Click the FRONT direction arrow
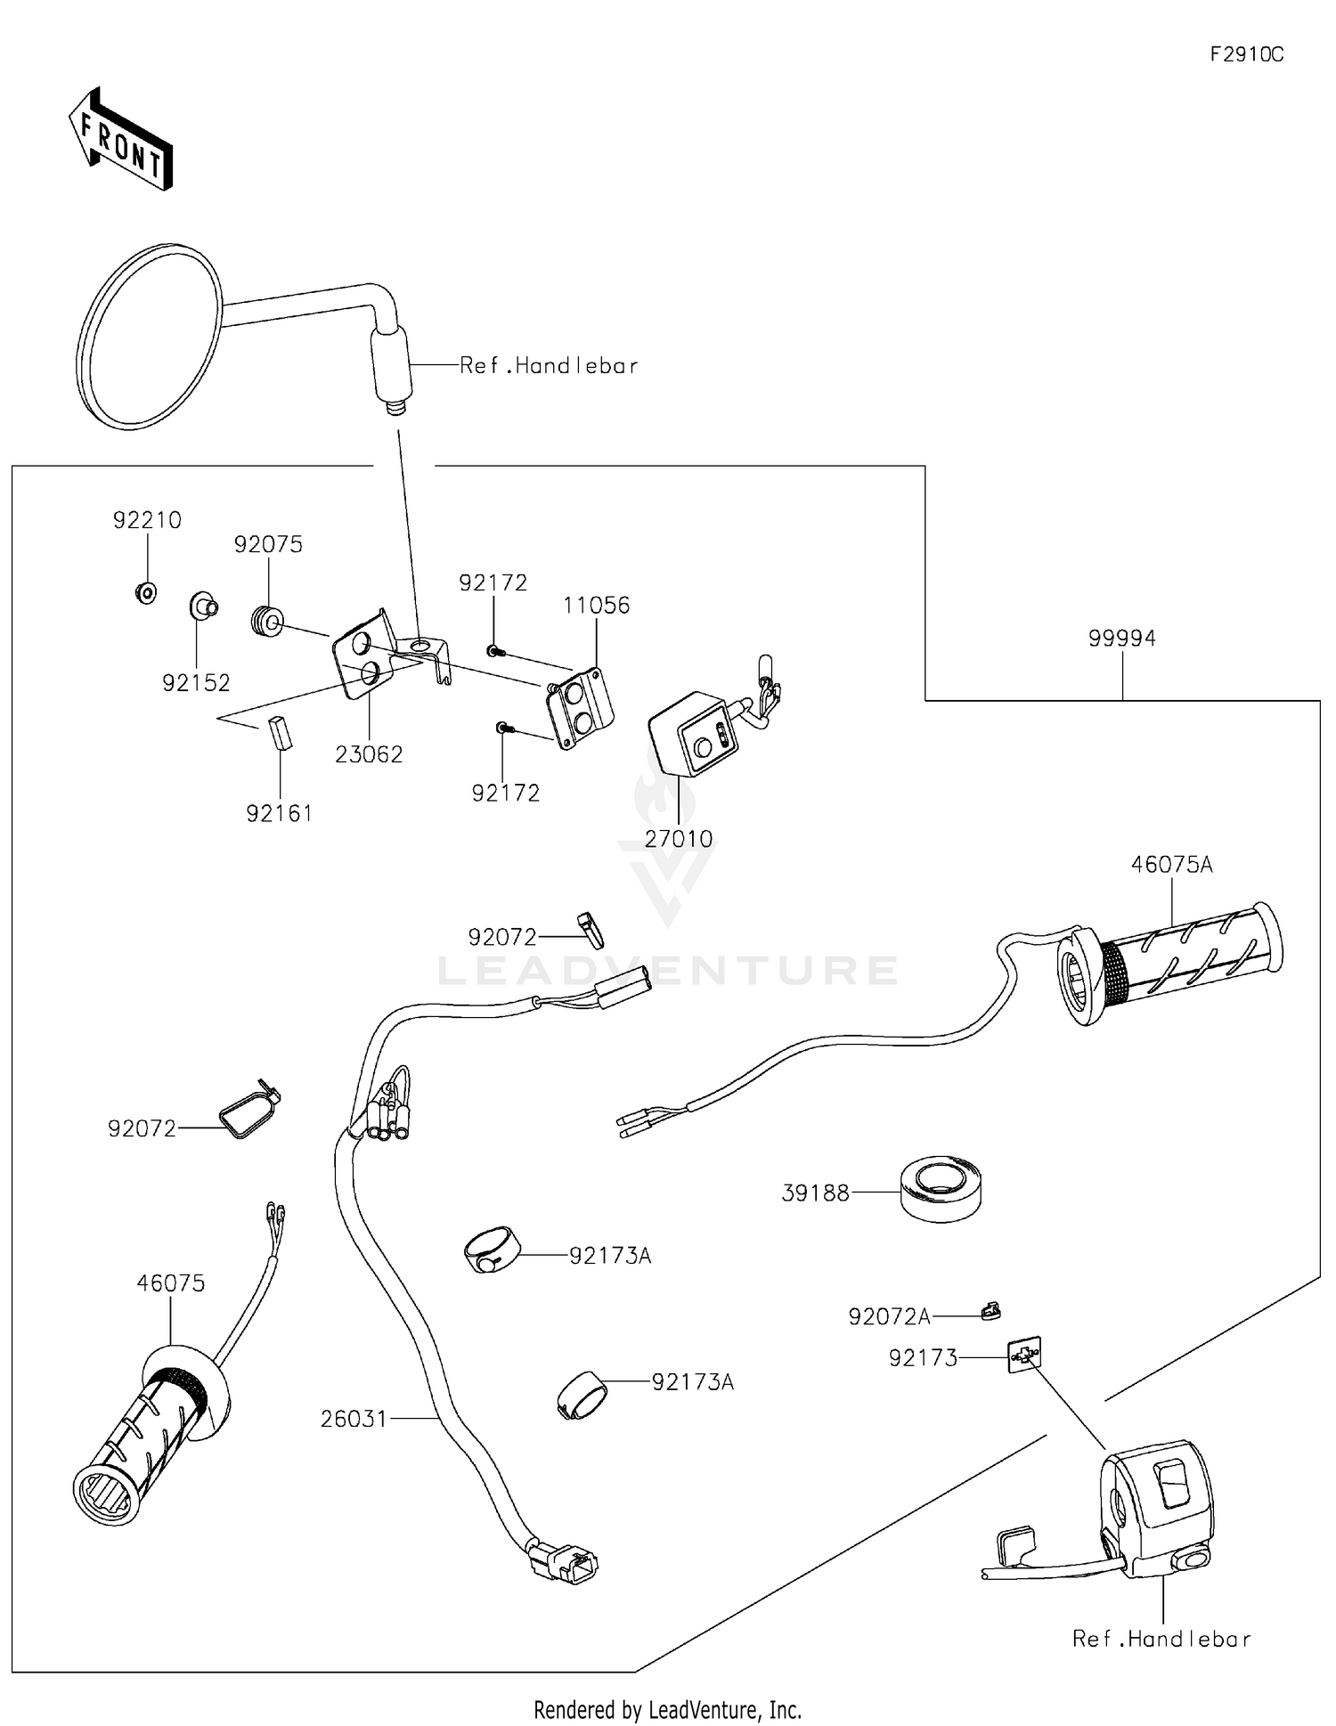(x=121, y=140)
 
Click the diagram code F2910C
(x=1246, y=54)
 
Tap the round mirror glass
(x=150, y=337)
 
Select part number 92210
(x=147, y=520)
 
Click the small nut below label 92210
(x=146, y=591)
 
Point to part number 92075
(x=268, y=544)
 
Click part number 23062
(x=369, y=754)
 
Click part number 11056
(x=596, y=606)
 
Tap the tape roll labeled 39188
(x=940, y=1188)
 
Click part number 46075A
(x=1171, y=865)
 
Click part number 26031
(x=354, y=1419)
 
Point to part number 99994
(x=1121, y=639)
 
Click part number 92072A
(x=889, y=1316)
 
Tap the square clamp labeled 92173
(x=1023, y=1355)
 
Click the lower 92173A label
(x=692, y=1382)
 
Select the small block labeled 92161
(x=281, y=734)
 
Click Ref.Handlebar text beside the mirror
(x=549, y=366)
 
